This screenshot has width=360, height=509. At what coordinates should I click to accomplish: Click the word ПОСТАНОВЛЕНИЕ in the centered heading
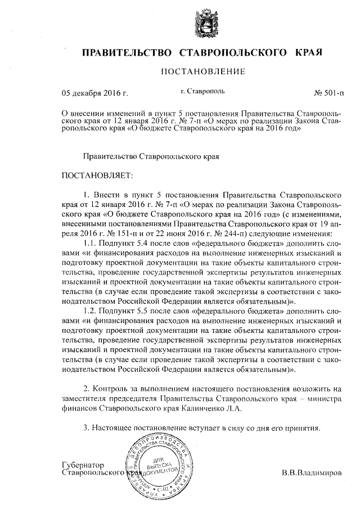click(203, 71)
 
